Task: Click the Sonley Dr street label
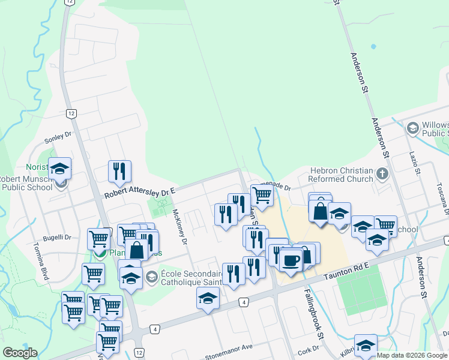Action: (x=58, y=137)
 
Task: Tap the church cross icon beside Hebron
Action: (x=382, y=175)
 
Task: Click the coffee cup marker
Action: (x=291, y=261)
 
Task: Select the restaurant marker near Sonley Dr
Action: (x=119, y=171)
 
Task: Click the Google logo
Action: (x=20, y=353)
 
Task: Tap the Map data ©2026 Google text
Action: (x=411, y=355)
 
